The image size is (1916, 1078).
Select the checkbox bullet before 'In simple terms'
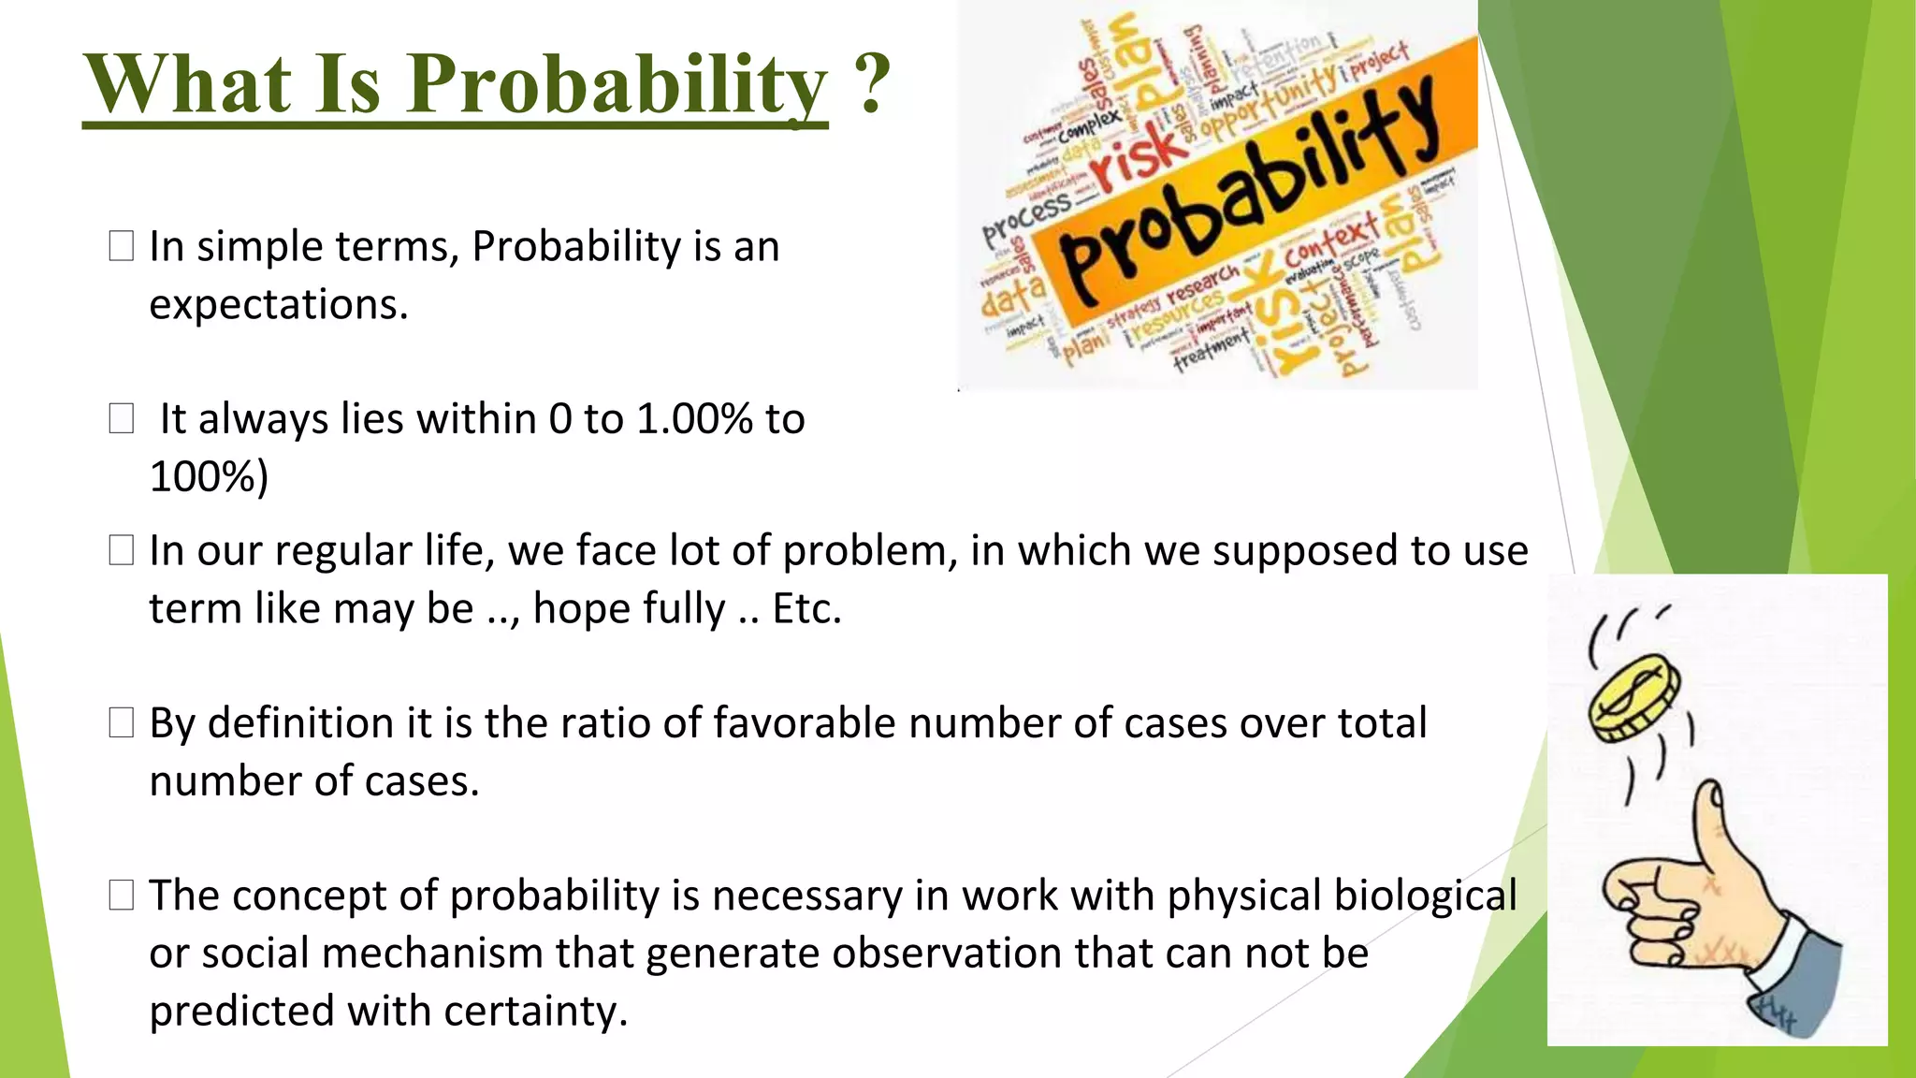pos(122,246)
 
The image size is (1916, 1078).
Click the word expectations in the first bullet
pos(278,305)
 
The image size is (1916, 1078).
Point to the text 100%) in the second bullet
pos(209,476)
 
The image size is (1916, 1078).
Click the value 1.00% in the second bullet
pos(694,418)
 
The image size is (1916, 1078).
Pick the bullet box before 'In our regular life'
pos(122,550)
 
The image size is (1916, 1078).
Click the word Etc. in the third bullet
pos(806,608)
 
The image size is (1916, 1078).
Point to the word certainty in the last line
pos(534,1011)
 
